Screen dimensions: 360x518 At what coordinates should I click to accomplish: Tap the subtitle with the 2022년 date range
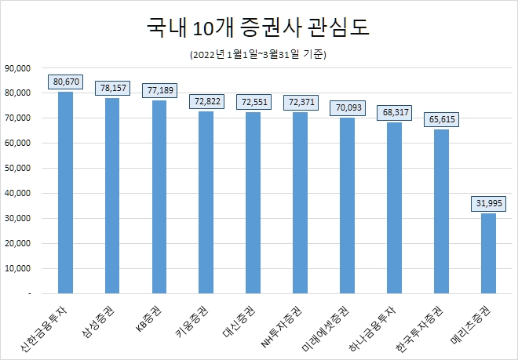(x=258, y=55)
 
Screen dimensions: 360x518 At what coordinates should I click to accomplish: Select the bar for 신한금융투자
(x=65, y=192)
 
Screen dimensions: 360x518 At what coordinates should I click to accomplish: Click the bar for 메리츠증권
(x=488, y=253)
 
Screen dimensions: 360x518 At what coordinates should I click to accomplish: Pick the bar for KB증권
(x=159, y=196)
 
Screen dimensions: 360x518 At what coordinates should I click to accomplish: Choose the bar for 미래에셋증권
(x=347, y=205)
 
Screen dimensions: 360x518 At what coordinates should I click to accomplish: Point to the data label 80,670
(x=65, y=81)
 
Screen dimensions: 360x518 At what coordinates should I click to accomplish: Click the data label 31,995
(x=488, y=203)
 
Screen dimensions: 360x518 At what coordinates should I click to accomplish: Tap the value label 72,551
(x=253, y=102)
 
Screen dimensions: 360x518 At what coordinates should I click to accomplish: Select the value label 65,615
(x=441, y=119)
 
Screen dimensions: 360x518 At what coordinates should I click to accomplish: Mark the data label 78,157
(x=112, y=87)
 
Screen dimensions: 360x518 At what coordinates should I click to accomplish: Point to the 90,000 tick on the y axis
(x=17, y=68)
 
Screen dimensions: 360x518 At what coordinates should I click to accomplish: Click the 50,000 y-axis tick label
(x=17, y=168)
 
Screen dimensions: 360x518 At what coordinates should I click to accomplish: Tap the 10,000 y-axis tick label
(x=17, y=268)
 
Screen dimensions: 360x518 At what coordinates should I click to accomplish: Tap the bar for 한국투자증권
(x=441, y=211)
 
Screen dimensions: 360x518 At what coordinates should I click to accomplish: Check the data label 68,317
(x=394, y=112)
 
